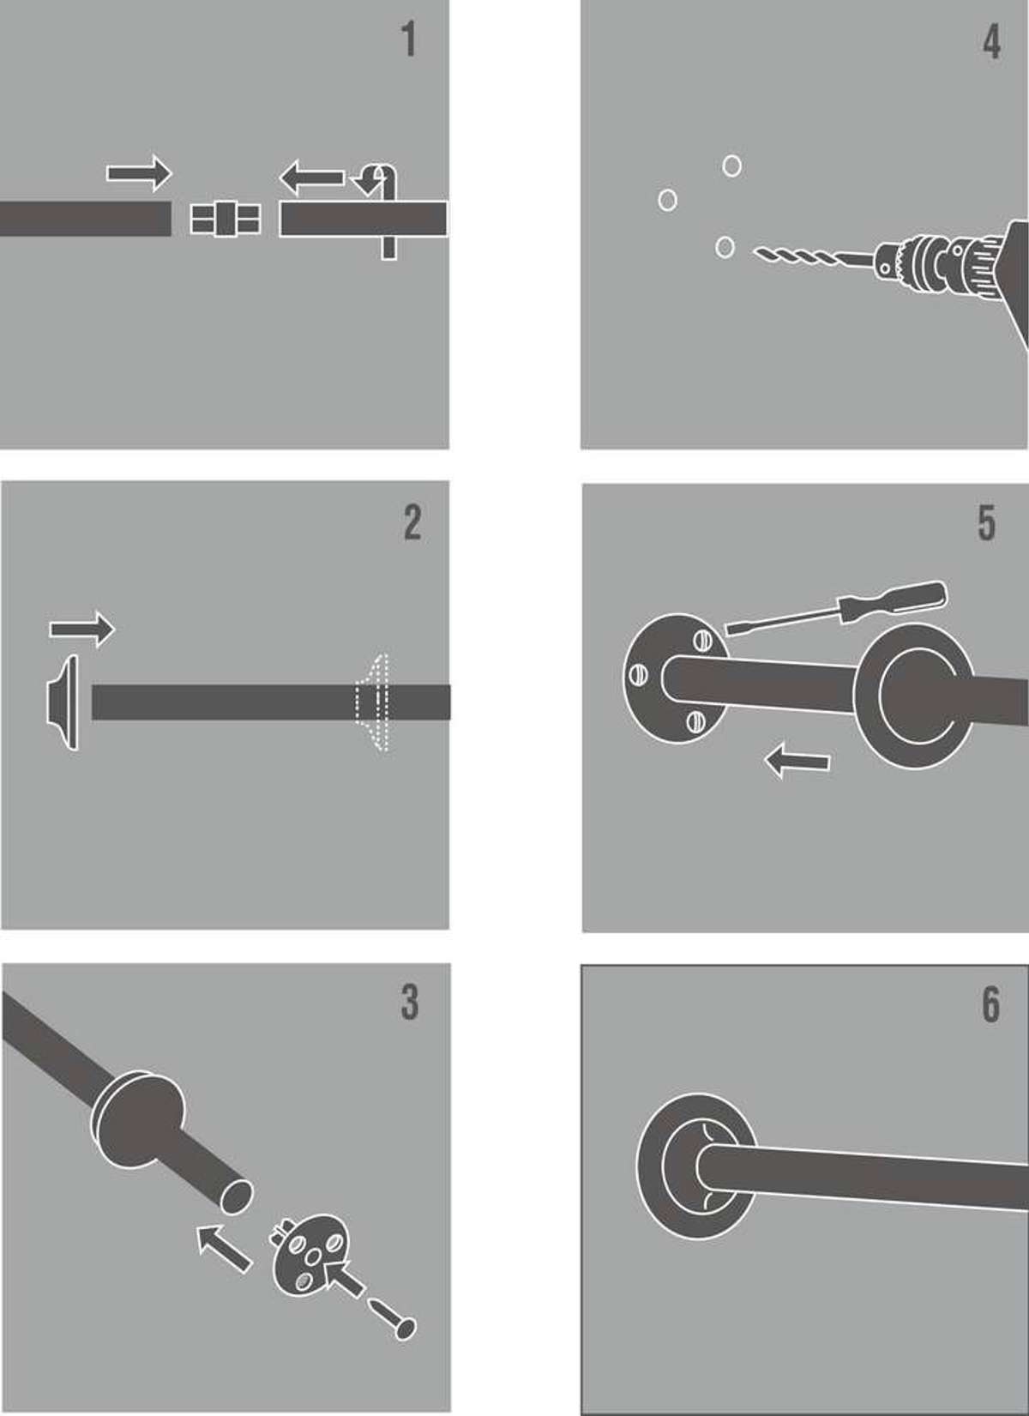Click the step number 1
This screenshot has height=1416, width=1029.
coord(410,39)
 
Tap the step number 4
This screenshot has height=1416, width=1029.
coord(992,43)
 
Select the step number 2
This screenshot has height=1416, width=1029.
coord(412,523)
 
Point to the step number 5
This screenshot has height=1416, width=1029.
coord(987,523)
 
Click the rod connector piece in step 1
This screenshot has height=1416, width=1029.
coord(225,219)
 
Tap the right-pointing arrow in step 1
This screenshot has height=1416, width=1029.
coord(139,173)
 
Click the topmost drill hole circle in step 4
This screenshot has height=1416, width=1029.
coord(732,166)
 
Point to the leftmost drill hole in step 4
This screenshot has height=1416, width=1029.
coord(667,200)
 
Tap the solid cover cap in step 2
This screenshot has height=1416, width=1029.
coord(63,702)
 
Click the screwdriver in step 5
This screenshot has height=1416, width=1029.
coord(835,608)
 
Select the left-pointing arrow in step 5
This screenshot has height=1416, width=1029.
coord(797,761)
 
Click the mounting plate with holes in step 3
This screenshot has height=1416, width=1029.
coord(310,1255)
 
